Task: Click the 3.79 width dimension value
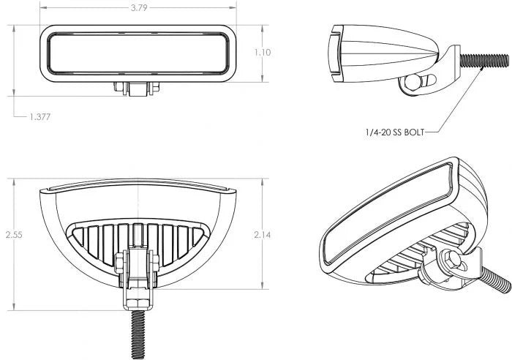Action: (138, 10)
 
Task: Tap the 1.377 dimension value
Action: (41, 116)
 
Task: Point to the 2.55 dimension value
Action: (13, 235)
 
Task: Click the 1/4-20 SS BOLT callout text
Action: (393, 132)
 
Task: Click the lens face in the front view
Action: (138, 53)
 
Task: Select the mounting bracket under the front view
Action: (138, 88)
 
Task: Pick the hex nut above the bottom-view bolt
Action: (138, 299)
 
